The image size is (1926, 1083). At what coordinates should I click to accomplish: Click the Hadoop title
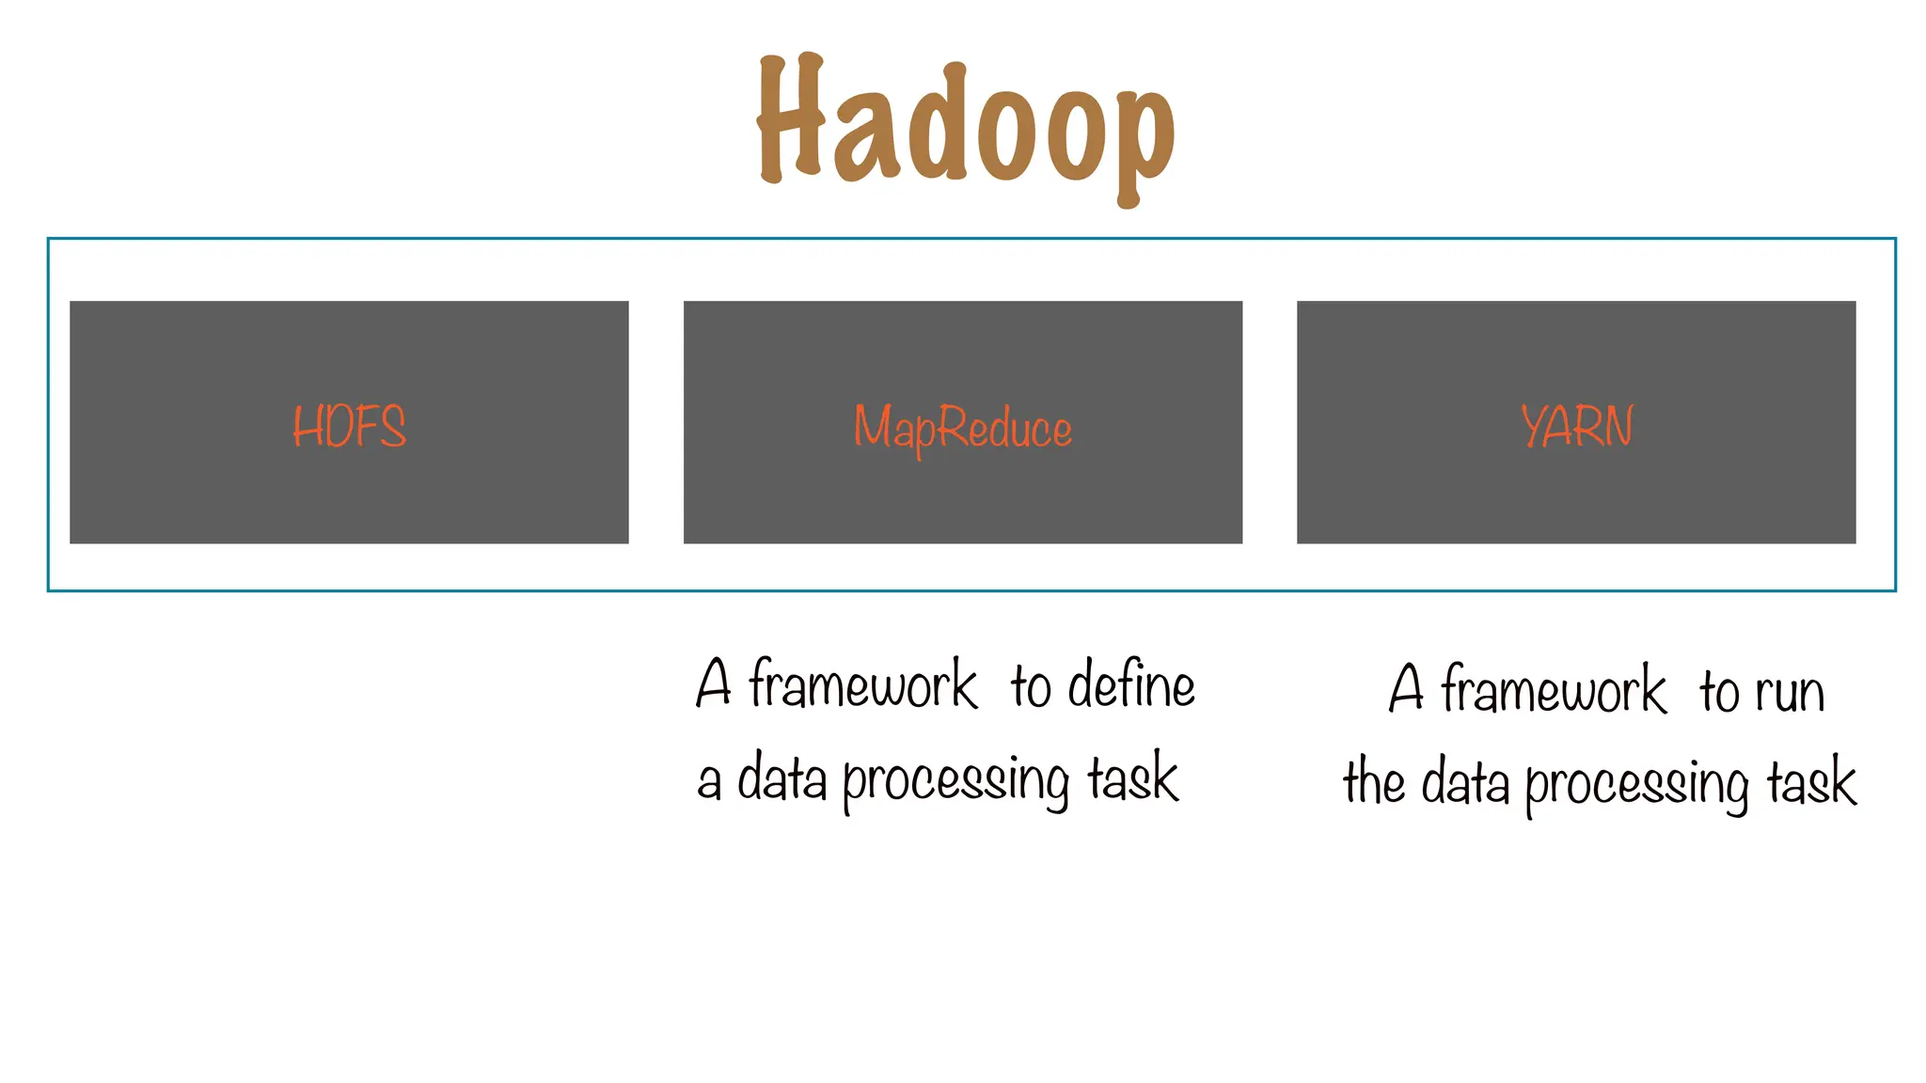[x=966, y=127]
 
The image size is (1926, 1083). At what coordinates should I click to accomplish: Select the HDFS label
[x=349, y=426]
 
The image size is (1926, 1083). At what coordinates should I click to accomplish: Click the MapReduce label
[x=962, y=429]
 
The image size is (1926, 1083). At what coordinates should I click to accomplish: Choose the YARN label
[x=1576, y=426]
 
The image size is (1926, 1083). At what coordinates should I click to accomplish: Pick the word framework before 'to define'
[x=862, y=684]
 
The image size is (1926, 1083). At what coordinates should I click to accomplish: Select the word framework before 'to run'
[x=1553, y=690]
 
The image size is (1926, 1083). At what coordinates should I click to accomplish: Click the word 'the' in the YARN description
[x=1374, y=782]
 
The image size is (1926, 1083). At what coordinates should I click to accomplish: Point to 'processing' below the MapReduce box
[x=955, y=780]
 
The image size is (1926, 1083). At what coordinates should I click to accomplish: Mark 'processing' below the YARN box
[x=1636, y=784]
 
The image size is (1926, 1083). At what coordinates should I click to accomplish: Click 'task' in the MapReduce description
[x=1132, y=778]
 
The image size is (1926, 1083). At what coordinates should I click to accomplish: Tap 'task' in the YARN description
[x=1811, y=782]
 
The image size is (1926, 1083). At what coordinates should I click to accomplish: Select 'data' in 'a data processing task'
[x=781, y=778]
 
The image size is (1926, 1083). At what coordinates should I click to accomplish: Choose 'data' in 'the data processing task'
[x=1464, y=782]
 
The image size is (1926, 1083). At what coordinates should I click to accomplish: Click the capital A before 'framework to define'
[x=714, y=683]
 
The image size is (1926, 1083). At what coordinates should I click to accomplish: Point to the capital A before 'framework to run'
[x=1406, y=688]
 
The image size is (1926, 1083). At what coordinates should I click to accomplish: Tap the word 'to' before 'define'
[x=1031, y=686]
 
